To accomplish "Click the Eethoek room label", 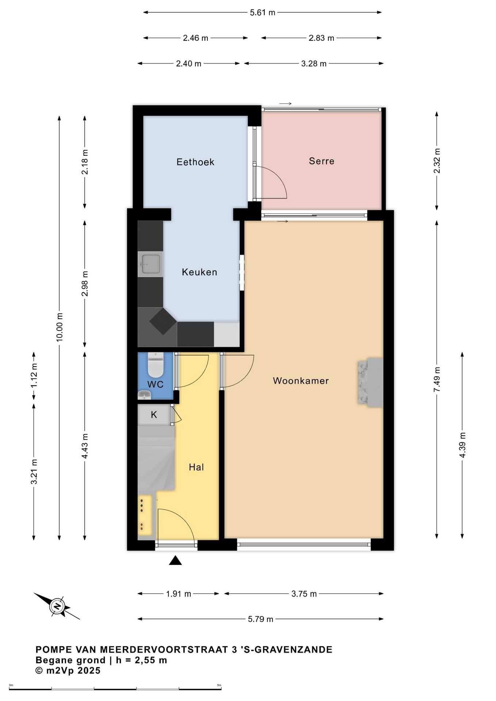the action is (195, 162).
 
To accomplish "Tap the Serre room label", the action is (321, 161).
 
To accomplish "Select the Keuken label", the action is (199, 272).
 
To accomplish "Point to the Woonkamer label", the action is (301, 381).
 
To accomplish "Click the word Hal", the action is (196, 467).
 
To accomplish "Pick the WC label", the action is (155, 384).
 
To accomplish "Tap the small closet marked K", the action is (154, 414).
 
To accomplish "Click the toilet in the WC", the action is (155, 365).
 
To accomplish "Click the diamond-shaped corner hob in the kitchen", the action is (163, 321).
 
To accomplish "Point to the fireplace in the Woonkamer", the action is (370, 382).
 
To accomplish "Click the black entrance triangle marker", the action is (175, 560).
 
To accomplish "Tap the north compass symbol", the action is (57, 606).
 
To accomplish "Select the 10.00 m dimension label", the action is (60, 327).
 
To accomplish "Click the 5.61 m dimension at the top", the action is (263, 12).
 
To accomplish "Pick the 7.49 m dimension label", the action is (437, 379).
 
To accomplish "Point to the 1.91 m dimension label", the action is (179, 594).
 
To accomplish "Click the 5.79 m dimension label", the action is (260, 619).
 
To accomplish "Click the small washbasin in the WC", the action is (144, 395).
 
